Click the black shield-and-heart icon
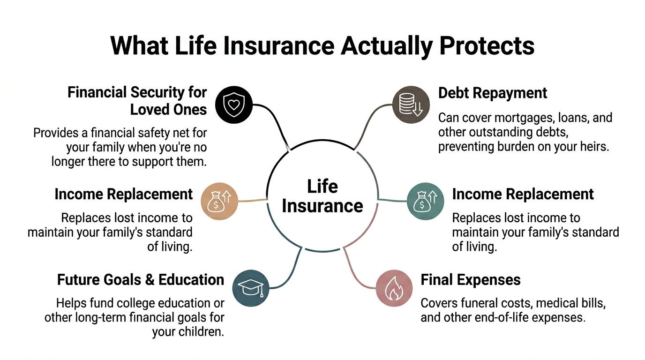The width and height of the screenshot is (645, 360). tap(234, 105)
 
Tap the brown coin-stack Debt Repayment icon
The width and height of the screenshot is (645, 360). tap(411, 105)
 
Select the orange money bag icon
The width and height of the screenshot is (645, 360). tap(219, 202)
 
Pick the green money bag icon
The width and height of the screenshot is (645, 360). tap(425, 202)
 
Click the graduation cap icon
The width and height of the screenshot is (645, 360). tap(251, 288)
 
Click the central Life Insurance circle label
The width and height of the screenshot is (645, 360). tap(322, 196)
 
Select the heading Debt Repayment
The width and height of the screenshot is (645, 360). tap(493, 93)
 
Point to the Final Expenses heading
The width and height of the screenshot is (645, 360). tap(471, 280)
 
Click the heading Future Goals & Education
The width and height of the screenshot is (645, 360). tap(141, 280)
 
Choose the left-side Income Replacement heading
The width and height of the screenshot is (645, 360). tap(124, 194)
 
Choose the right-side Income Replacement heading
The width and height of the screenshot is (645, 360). tap(523, 194)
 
